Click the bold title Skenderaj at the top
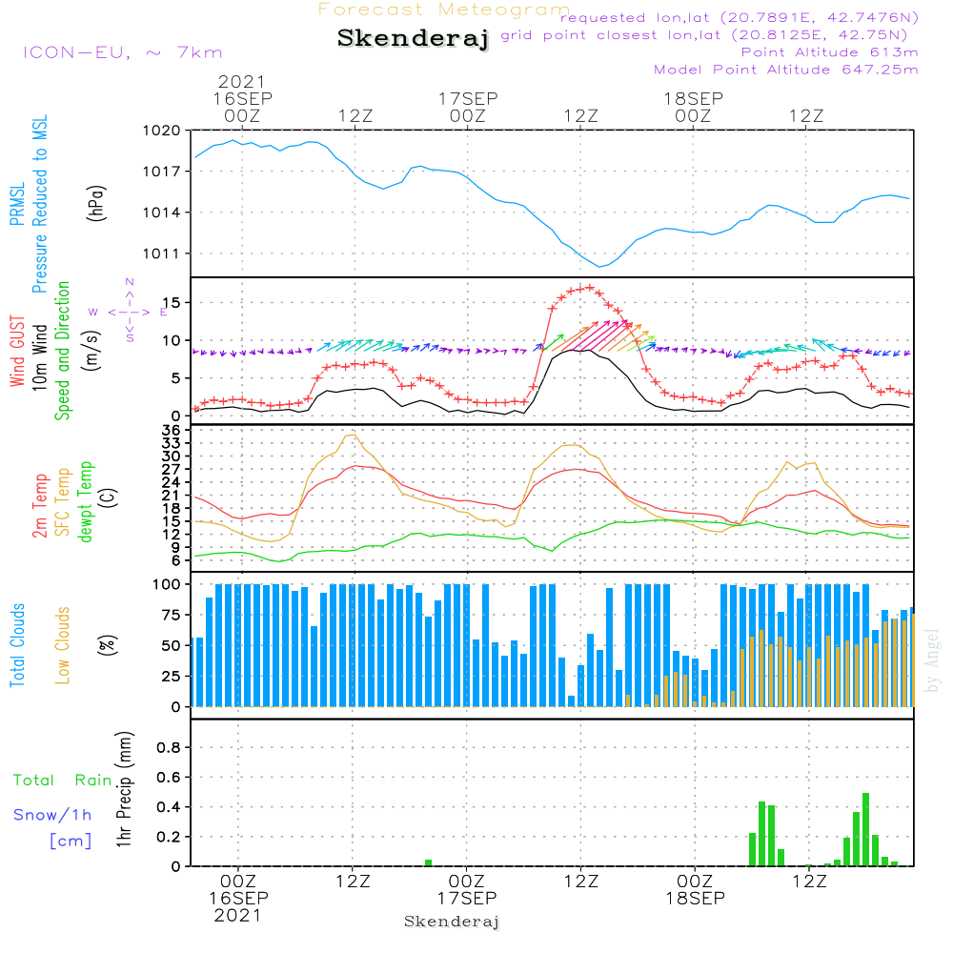tap(413, 39)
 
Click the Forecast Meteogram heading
tap(444, 10)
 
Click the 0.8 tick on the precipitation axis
tap(168, 748)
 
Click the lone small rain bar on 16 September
tap(428, 862)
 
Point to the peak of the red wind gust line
tap(589, 287)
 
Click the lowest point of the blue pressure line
tap(600, 266)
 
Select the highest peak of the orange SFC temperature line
tap(353, 436)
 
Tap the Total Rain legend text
tap(63, 780)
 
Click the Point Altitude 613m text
tap(829, 51)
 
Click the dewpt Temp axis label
tap(87, 502)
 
